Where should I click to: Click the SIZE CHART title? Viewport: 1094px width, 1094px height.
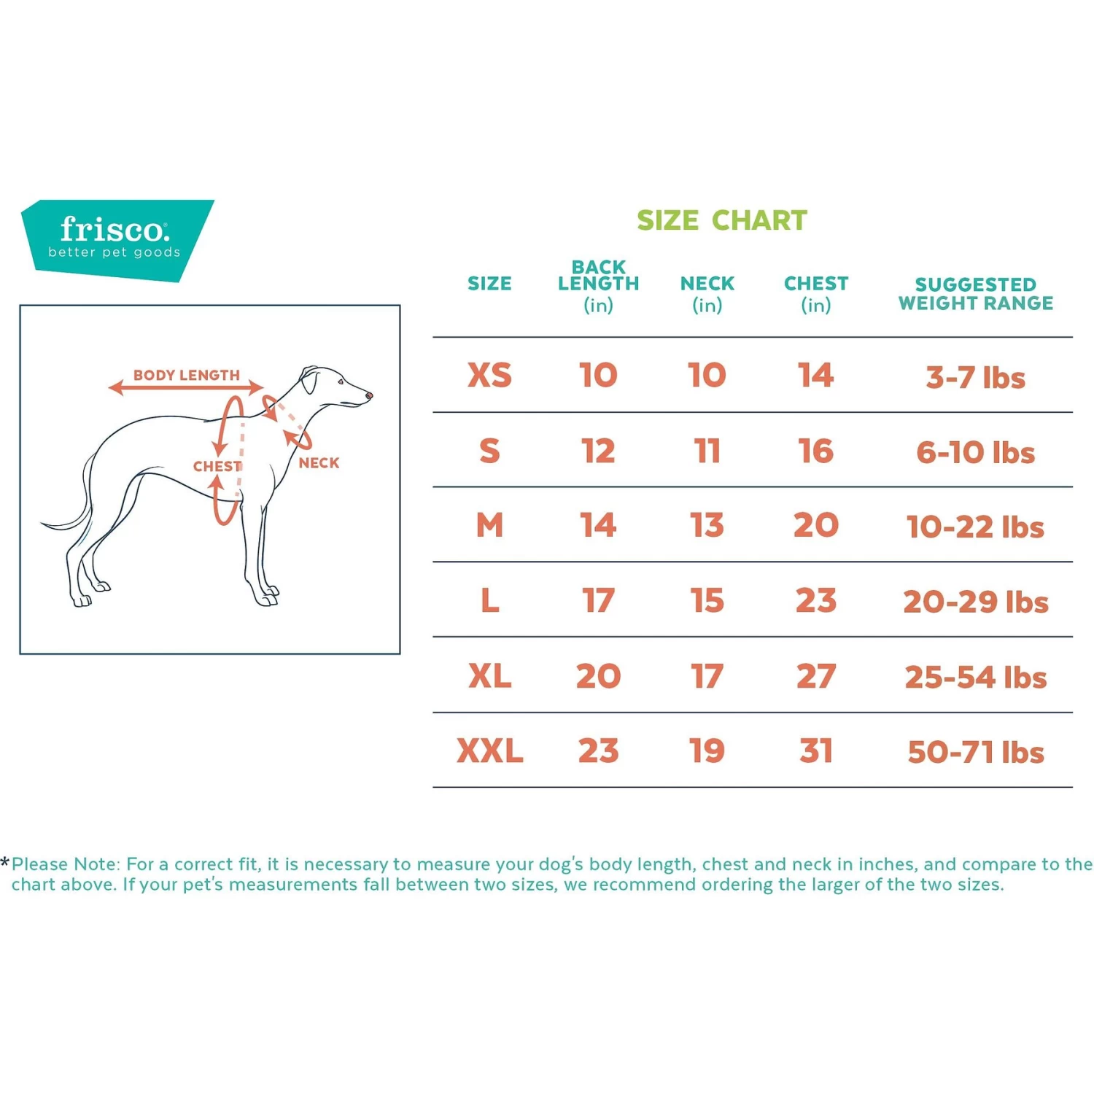[721, 220]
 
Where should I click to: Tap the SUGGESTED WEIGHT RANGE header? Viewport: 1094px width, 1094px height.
[975, 293]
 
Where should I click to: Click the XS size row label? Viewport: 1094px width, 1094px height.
[489, 376]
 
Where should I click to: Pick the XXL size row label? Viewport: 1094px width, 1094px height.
[489, 751]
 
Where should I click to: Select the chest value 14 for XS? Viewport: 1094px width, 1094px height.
[815, 376]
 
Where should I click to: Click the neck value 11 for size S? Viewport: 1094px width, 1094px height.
[707, 451]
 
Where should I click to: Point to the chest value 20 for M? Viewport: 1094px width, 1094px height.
[815, 526]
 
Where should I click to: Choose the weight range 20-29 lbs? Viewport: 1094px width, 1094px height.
[975, 602]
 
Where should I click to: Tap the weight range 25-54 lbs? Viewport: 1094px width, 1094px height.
[975, 677]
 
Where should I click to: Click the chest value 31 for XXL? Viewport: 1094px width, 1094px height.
[815, 751]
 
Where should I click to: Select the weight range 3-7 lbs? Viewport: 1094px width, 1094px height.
[975, 378]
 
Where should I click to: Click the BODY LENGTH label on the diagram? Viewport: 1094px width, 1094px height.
[186, 375]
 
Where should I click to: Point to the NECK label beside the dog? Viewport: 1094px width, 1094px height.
[319, 462]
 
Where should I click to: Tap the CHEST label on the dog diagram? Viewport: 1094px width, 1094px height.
[217, 466]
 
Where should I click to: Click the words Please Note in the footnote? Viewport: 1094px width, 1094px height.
[64, 864]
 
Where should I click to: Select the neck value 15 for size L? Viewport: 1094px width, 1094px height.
[707, 601]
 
